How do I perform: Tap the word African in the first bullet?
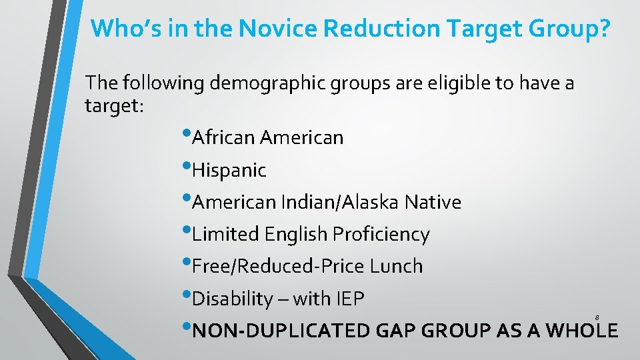point(223,138)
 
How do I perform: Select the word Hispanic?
point(229,171)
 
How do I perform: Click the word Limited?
point(225,235)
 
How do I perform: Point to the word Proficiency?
point(381,235)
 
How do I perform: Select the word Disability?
point(233,299)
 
